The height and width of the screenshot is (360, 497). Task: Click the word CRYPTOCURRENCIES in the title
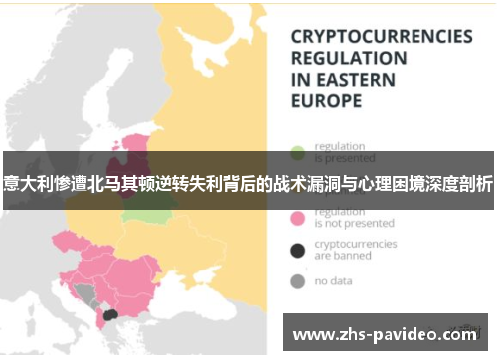click(381, 36)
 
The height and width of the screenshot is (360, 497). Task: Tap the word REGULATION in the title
click(348, 58)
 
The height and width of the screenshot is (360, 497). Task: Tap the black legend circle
click(296, 250)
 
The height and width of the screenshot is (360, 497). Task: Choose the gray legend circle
click(296, 281)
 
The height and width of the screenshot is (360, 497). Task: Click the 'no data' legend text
click(335, 281)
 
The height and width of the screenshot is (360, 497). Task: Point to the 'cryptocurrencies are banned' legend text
click(354, 250)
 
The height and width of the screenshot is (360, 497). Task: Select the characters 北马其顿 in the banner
click(111, 181)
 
